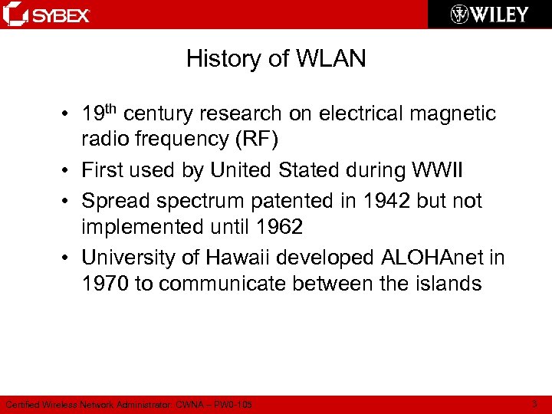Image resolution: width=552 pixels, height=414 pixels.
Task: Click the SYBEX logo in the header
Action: (48, 15)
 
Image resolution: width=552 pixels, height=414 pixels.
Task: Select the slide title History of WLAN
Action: (276, 59)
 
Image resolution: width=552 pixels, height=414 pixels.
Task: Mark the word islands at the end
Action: (443, 284)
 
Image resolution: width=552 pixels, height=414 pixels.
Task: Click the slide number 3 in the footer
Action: (534, 404)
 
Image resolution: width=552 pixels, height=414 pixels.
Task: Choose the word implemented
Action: (147, 227)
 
